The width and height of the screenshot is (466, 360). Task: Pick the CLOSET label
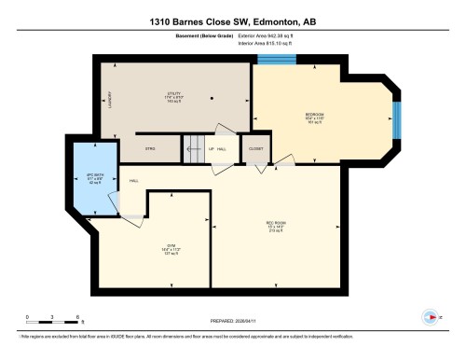tap(255, 147)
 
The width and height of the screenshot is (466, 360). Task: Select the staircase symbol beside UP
tap(192, 147)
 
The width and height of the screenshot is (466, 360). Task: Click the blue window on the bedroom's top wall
tap(277, 60)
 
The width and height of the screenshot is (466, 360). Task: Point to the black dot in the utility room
tap(213, 97)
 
